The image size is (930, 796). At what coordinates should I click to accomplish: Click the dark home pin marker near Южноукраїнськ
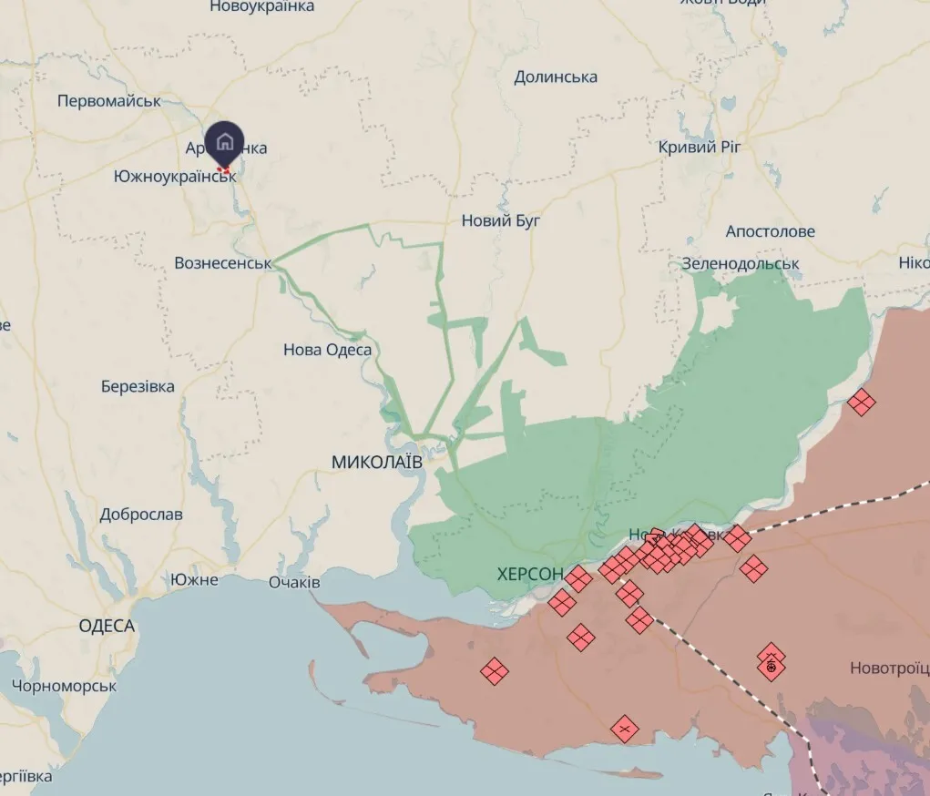(224, 142)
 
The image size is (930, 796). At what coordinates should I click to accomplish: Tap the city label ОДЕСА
(107, 626)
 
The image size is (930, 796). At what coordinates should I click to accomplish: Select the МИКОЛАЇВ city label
(377, 462)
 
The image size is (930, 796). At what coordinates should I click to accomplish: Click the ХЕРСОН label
(530, 575)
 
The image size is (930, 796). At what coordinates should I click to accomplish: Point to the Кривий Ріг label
(700, 147)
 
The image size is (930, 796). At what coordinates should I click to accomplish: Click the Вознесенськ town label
(223, 263)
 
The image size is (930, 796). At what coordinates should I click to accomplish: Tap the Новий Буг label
(501, 219)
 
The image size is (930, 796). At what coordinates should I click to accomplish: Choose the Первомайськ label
(108, 101)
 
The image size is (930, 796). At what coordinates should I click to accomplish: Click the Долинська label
(556, 77)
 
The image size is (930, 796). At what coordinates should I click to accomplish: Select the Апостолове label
(770, 231)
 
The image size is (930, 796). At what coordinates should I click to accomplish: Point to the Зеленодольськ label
(741, 264)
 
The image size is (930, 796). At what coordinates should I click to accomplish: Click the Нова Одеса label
(327, 350)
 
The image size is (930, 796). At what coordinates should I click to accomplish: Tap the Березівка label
(138, 386)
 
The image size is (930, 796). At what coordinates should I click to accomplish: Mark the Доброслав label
(141, 514)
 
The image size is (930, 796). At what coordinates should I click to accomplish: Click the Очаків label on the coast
(294, 582)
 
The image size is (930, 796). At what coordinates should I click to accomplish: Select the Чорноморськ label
(66, 686)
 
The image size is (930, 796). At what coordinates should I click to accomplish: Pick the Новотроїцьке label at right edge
(889, 668)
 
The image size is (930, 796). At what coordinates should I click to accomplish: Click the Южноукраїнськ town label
(175, 176)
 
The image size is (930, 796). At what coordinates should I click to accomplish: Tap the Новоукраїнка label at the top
(261, 7)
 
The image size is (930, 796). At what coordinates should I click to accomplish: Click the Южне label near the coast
(194, 579)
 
